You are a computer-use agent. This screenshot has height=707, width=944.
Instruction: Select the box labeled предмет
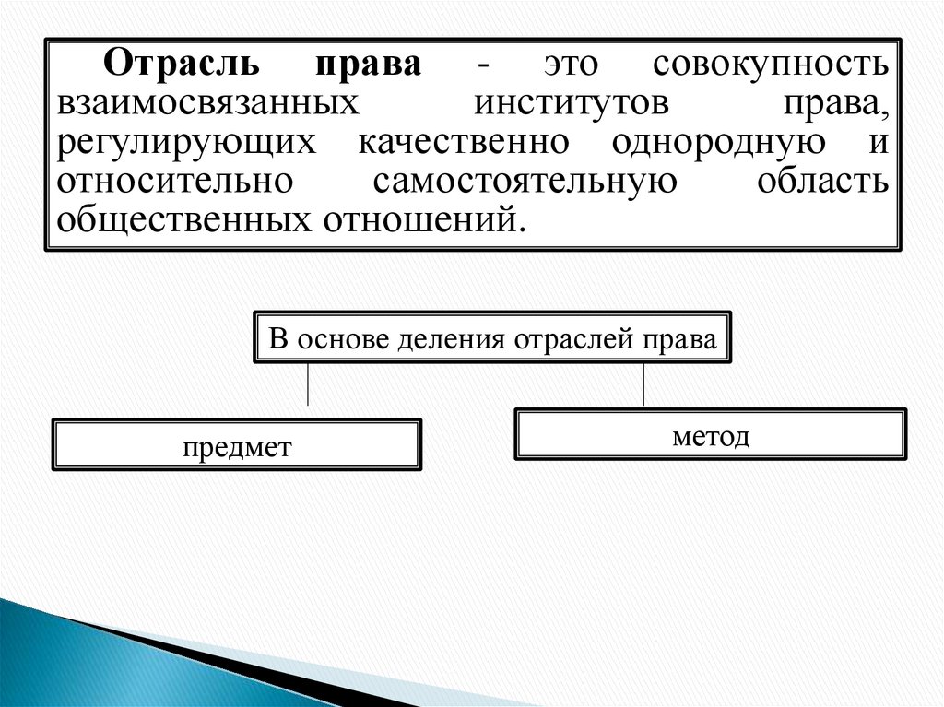point(237,446)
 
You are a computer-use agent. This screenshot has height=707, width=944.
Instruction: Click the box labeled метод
point(711,434)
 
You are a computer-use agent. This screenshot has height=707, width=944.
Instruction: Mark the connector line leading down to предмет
point(307,384)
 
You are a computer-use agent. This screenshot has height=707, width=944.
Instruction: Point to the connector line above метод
point(643,384)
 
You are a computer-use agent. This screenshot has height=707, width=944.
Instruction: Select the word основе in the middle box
point(342,338)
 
